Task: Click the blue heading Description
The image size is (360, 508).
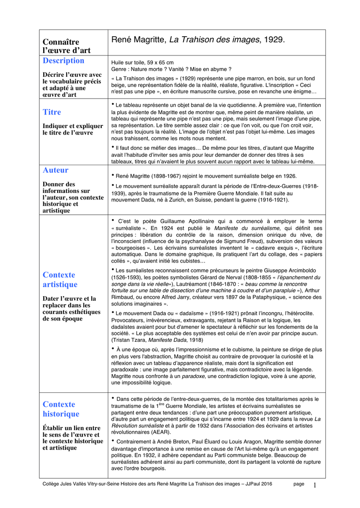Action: pos(64,61)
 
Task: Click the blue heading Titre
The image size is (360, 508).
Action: pos(52,112)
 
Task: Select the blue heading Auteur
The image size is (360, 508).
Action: pos(56,170)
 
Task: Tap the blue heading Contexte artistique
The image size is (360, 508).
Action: pos(60,280)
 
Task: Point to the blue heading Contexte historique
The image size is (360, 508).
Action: pos(61,409)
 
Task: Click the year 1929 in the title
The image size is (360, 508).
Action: pos(274,39)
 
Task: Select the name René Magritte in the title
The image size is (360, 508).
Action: pos(139,39)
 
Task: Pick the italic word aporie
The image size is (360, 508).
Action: pos(306,376)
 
